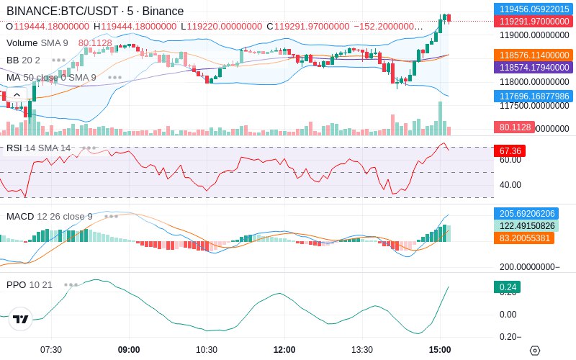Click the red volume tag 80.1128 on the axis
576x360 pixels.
coord(513,127)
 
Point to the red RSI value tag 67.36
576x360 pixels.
coord(508,151)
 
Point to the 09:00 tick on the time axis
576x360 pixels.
coord(129,350)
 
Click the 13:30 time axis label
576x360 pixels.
coord(362,350)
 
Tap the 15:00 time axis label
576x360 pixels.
coord(440,350)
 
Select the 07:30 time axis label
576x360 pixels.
coord(51,350)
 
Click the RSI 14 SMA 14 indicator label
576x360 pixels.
coord(38,148)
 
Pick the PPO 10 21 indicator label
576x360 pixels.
coord(30,284)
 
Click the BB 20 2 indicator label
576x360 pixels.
coord(23,60)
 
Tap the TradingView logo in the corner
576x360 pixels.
coord(21,320)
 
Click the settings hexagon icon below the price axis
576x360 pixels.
coord(534,351)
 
